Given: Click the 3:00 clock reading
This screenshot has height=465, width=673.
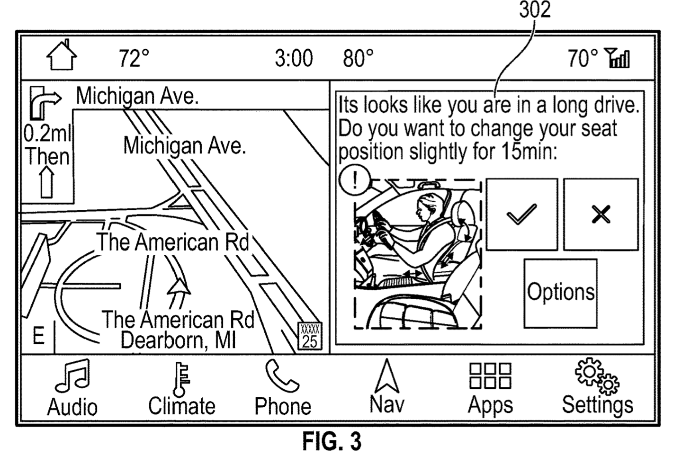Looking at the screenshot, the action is coord(294,58).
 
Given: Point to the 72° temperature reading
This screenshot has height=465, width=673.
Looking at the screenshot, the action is coord(134,58).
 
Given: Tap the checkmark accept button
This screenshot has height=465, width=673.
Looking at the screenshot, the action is coord(522,215).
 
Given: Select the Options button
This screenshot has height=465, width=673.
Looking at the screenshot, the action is coord(561,293).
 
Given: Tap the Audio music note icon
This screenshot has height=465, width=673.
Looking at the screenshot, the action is coord(73,376).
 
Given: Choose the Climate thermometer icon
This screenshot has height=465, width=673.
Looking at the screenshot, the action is coord(181,379).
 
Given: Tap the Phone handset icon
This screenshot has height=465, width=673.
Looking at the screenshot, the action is coord(281,376).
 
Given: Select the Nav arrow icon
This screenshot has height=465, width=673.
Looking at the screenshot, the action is coord(387,376).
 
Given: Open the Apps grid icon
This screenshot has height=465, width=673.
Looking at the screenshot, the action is coord(490,376).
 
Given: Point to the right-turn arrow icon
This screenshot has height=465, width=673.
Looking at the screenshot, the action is coord(45,102).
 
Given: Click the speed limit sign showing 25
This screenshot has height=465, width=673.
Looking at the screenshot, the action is coord(310,336).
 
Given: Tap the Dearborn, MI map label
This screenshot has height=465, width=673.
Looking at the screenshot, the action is coord(178,340).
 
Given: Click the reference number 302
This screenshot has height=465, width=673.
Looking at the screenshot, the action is coord(535,10).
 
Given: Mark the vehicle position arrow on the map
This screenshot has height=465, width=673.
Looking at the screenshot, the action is coord(179,286).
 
